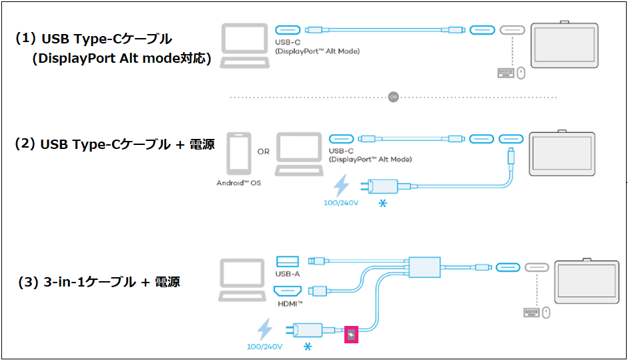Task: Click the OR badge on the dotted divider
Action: click(x=394, y=98)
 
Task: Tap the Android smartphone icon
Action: click(x=238, y=153)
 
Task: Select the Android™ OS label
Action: click(x=238, y=182)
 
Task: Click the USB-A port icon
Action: click(x=287, y=260)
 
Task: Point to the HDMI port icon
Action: click(x=288, y=291)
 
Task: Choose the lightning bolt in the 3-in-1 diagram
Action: click(x=265, y=330)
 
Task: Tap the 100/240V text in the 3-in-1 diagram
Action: click(x=265, y=347)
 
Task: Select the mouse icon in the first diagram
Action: click(x=521, y=73)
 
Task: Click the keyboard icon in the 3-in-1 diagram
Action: click(x=532, y=312)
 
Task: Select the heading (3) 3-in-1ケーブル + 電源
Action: click(x=99, y=282)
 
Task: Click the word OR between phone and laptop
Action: click(x=264, y=152)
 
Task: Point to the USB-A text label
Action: click(x=287, y=274)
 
